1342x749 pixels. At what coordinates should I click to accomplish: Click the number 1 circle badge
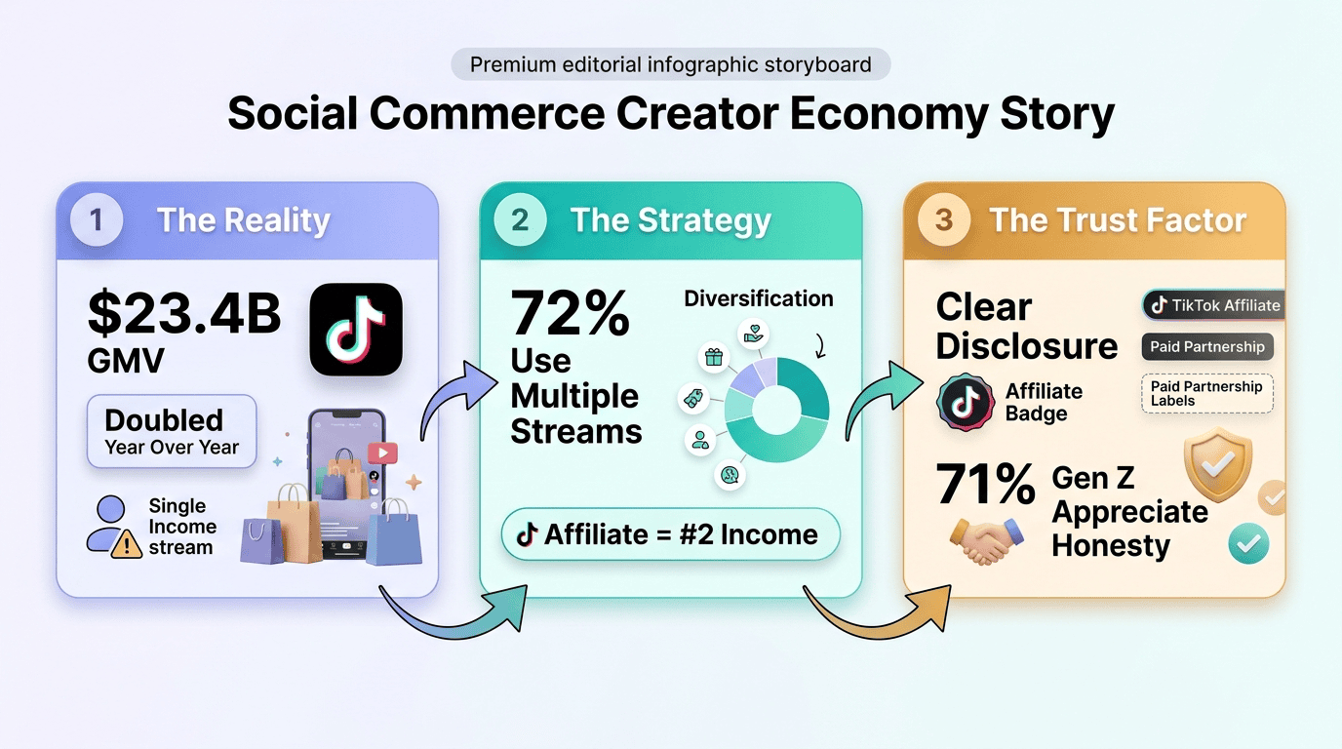[97, 219]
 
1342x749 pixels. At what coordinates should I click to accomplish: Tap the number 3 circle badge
[944, 219]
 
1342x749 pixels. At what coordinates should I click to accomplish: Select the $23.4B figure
[184, 313]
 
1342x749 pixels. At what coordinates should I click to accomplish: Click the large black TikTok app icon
[356, 330]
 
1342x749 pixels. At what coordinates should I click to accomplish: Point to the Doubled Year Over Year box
[172, 431]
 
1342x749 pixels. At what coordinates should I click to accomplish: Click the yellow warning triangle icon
[127, 544]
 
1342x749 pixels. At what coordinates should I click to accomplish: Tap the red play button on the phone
[383, 453]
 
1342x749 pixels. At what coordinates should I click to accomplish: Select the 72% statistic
[570, 313]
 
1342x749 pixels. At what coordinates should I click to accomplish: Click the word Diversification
[759, 298]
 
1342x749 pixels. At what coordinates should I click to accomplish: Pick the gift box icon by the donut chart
[714, 358]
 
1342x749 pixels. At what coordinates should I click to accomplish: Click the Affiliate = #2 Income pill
[670, 534]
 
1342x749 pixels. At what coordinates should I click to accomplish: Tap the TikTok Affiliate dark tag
[1212, 305]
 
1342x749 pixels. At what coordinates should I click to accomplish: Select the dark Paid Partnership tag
[1207, 347]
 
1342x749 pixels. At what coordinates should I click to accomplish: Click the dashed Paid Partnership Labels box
[1207, 394]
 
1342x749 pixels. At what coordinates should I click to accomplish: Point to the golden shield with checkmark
[1218, 464]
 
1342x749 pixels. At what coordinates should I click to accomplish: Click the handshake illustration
[986, 540]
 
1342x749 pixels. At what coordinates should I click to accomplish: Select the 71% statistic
[985, 484]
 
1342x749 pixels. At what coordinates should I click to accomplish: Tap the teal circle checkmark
[1248, 543]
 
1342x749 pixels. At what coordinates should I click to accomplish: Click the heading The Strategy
[670, 220]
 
